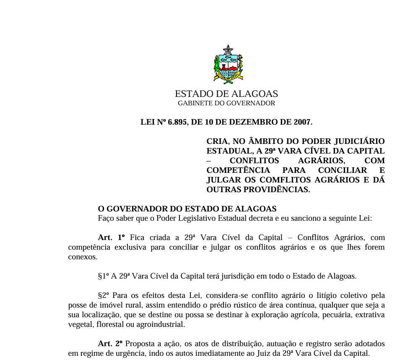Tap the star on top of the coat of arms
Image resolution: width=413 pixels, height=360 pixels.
(x=228, y=50)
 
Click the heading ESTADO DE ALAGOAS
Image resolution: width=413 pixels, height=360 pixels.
(x=226, y=94)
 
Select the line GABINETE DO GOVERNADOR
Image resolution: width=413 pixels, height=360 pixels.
(x=226, y=103)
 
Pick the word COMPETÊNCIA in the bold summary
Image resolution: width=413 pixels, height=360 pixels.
(x=238, y=170)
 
